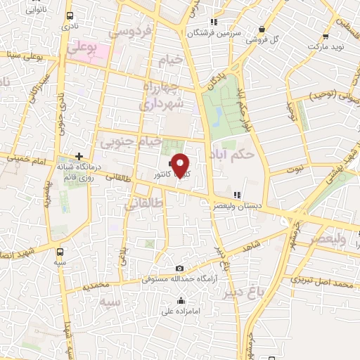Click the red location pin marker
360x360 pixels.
pos(181,165)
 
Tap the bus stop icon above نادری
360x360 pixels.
pos(69,15)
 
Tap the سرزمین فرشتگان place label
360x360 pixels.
pos(214,32)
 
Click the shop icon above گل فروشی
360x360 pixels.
pos(262,30)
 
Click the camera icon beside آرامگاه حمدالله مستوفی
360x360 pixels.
pos(181,269)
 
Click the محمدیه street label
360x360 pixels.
pos(96,286)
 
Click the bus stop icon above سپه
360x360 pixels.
pos(60,251)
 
